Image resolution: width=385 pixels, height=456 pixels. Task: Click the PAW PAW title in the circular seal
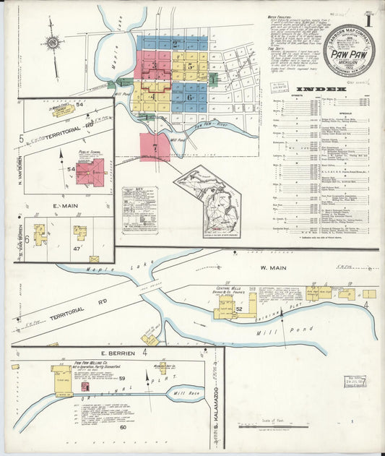(348, 53)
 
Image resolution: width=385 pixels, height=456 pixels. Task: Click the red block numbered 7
(155, 146)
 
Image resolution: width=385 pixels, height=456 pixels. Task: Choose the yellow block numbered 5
(189, 66)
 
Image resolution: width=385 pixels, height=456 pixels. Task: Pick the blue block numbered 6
(189, 97)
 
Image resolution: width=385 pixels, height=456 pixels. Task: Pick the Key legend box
(139, 210)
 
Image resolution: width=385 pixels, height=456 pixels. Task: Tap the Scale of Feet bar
(282, 425)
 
